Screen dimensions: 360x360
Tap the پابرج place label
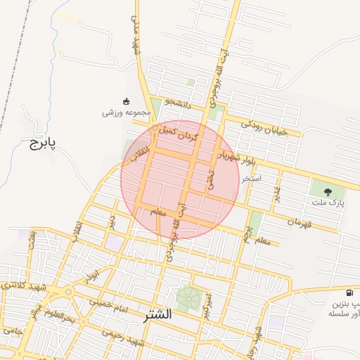click(x=42, y=144)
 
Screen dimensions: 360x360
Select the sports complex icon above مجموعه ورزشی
click(x=127, y=101)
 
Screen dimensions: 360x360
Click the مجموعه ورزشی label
click(x=127, y=112)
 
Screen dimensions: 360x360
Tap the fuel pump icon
click(x=349, y=292)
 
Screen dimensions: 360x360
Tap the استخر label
click(x=251, y=179)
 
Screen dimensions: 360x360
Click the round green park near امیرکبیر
click(x=187, y=298)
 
